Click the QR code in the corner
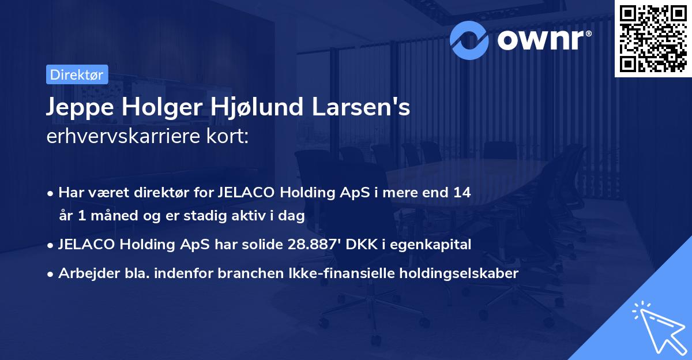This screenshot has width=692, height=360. point(653,38)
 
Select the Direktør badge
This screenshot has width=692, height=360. point(76,74)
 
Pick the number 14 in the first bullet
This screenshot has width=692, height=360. point(462,193)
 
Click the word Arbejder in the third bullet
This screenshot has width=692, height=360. point(85,273)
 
